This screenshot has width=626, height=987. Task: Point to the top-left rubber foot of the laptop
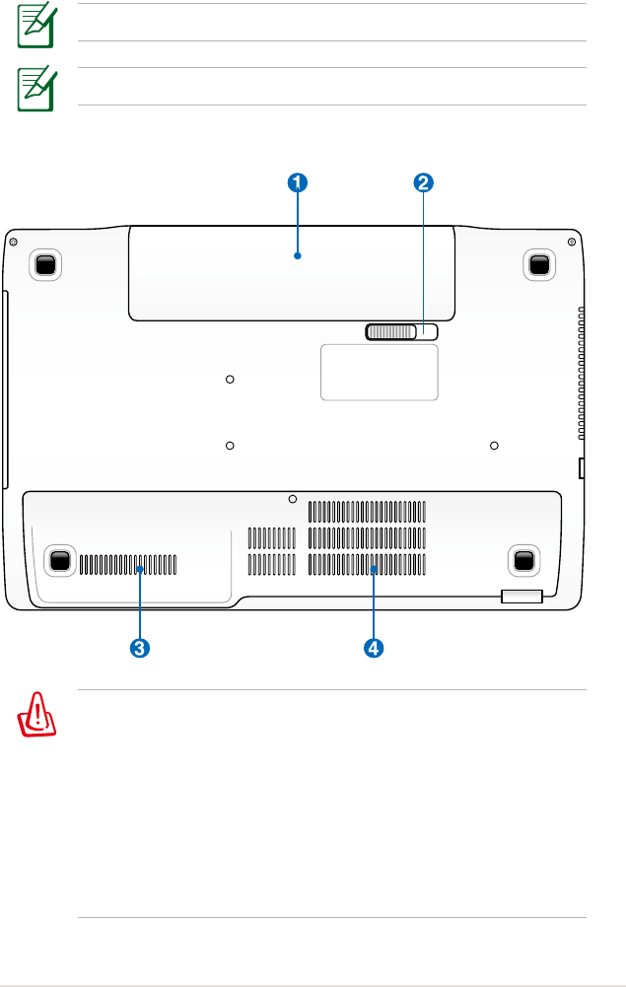pos(45,263)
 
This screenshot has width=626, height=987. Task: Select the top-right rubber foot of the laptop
pos(538,263)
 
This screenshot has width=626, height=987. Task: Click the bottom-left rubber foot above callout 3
pos(60,560)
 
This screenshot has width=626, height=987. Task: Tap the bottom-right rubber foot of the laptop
pos(523,560)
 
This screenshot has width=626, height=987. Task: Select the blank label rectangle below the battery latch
pos(380,373)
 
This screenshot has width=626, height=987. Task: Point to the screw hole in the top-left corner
pos(12,239)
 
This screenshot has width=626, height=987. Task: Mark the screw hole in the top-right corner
pos(572,239)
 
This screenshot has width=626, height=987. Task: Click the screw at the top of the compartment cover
pos(293,499)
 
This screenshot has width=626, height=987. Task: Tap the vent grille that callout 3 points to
pos(128,564)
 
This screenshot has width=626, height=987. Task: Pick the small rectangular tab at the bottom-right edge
pos(522,595)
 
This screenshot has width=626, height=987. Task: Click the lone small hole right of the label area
pos(493,445)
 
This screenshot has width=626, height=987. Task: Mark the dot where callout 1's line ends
pos(297,255)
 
